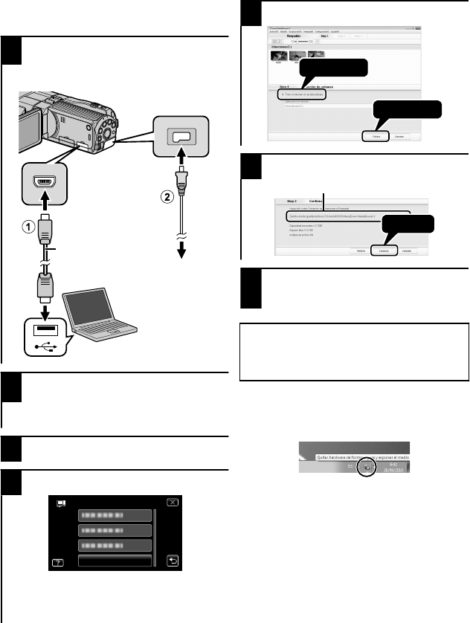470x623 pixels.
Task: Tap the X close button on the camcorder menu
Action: point(173,502)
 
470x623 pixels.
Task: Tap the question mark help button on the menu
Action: point(58,562)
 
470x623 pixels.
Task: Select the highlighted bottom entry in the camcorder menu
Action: point(115,561)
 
